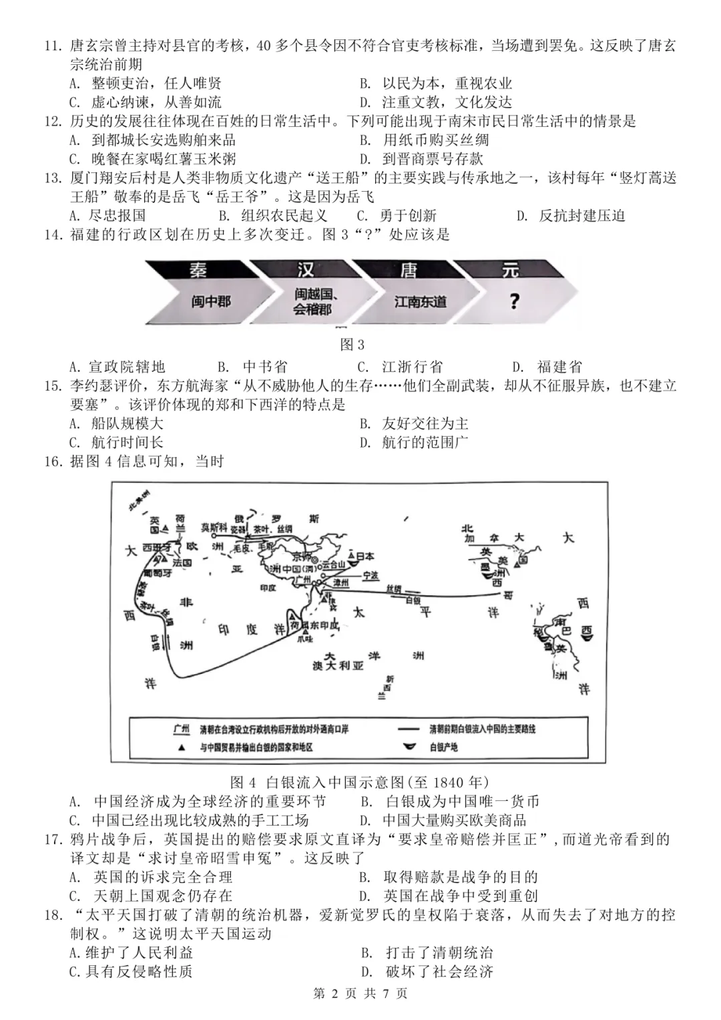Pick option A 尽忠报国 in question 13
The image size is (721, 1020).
(x=107, y=215)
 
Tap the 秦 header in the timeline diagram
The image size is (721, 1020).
(x=198, y=270)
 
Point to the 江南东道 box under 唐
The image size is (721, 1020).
(x=420, y=301)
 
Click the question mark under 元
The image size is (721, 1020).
(x=513, y=301)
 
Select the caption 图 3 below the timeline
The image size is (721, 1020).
(x=352, y=345)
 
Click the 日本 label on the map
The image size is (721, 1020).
(x=365, y=556)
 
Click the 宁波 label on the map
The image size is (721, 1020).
(x=370, y=574)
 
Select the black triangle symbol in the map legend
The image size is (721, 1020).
(x=181, y=747)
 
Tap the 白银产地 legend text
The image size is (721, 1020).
(x=443, y=747)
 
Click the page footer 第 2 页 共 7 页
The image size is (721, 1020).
(x=360, y=993)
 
